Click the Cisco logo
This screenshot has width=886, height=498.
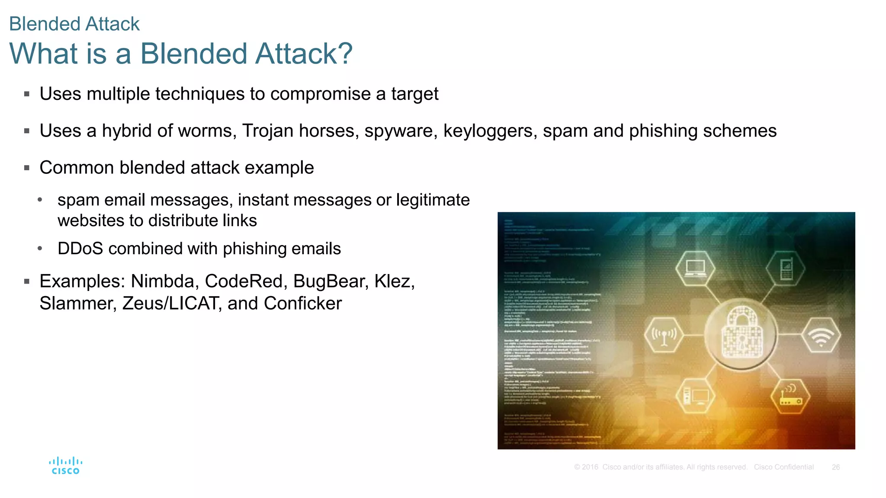point(65,466)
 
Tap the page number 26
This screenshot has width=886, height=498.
point(835,467)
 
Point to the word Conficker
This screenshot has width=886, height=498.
point(303,303)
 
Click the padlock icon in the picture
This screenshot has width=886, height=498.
point(742,333)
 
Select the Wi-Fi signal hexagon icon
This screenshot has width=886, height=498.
point(821,335)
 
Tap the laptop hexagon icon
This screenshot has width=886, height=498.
point(695,268)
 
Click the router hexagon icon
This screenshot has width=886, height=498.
point(790,396)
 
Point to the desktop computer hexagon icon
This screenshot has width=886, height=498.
point(695,396)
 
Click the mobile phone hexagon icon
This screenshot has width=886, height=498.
point(786,268)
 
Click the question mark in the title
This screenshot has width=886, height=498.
point(344,54)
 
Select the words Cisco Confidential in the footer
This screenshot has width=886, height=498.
point(783,467)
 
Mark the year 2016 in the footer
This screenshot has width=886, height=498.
point(590,467)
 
